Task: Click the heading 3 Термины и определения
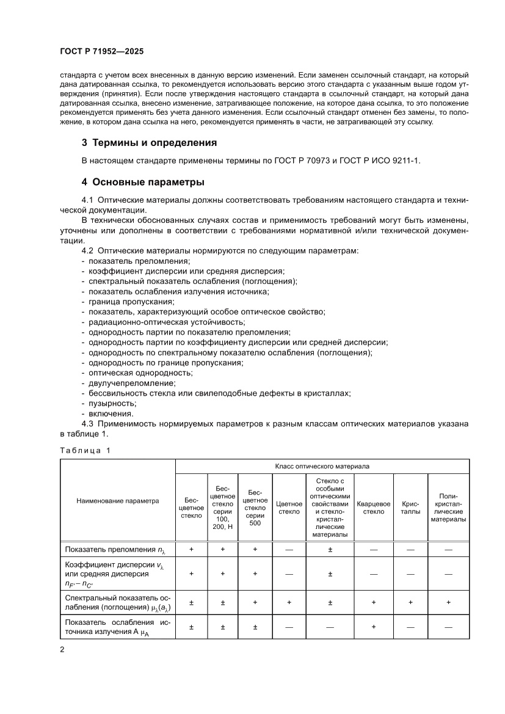[150, 144]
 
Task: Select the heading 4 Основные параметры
[143, 182]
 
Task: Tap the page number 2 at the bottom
[62, 649]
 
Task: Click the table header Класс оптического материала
[322, 465]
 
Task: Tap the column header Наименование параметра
[117, 500]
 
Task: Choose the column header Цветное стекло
[289, 508]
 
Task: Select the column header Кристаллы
[410, 508]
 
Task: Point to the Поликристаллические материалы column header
[448, 508]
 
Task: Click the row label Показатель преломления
[112, 550]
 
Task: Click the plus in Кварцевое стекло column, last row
[373, 627]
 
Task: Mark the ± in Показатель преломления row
[330, 550]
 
